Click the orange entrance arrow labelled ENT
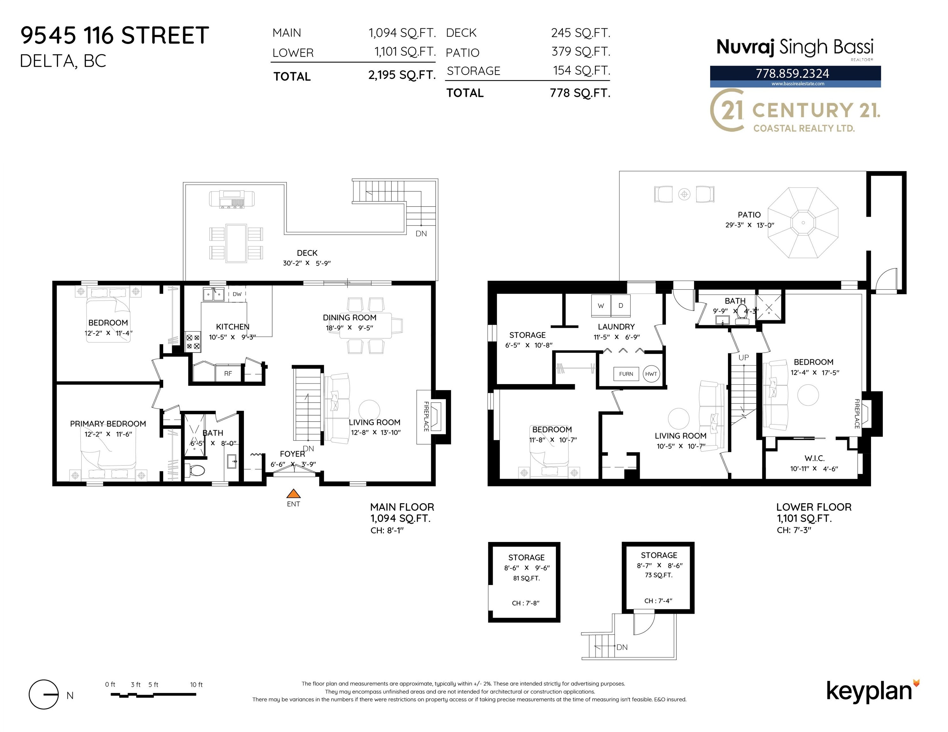tap(294, 493)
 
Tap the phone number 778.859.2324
tap(792, 73)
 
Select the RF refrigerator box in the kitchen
tap(228, 373)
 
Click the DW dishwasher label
tap(237, 294)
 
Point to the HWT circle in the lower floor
tap(651, 374)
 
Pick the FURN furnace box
tap(626, 374)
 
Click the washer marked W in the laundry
tap(601, 306)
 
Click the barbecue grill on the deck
tap(232, 200)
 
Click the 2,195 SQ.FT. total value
tap(402, 75)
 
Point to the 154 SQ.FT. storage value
tap(581, 70)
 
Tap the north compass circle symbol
tap(43, 694)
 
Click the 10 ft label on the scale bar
tap(196, 685)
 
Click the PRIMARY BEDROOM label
tap(108, 424)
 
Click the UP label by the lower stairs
tap(744, 357)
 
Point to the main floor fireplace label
tap(426, 416)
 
